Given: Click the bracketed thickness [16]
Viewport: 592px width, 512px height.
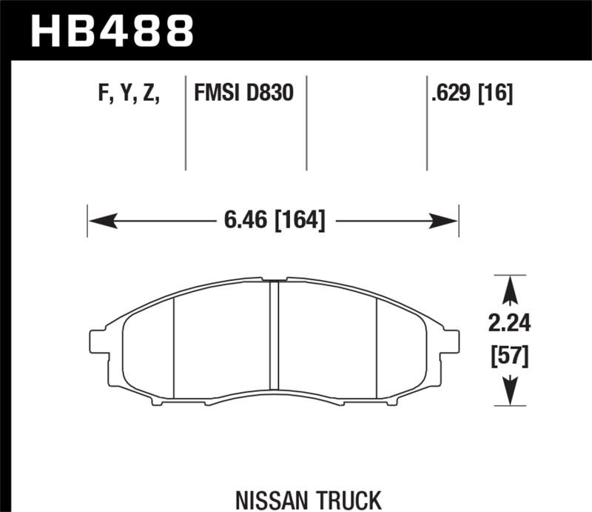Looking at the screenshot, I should pos(497,93).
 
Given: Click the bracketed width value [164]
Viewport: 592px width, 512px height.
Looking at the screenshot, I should pos(300,220).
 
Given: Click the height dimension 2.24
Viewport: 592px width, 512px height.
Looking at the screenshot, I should pos(509,324).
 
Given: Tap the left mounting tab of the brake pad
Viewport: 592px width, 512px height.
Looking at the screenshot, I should pos(97,341).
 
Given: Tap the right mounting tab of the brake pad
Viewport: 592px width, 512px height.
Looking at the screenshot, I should pos(451,341).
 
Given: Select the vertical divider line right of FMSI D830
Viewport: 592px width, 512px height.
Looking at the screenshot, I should pos(306,122).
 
